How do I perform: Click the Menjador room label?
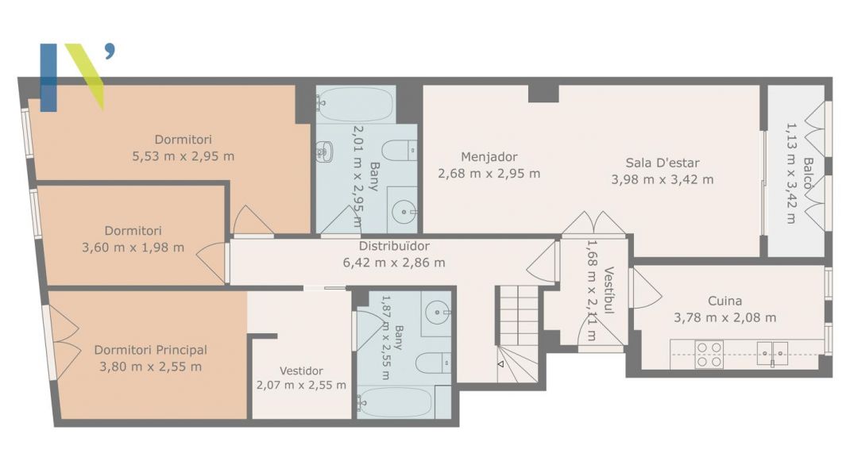(x=489, y=157)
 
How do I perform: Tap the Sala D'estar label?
(x=663, y=163)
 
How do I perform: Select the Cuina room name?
(x=724, y=301)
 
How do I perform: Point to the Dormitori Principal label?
(x=151, y=350)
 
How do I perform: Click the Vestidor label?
(x=301, y=371)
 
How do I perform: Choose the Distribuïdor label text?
(x=394, y=247)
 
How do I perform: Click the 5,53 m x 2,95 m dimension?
(x=184, y=156)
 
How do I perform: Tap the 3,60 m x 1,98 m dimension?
(x=133, y=248)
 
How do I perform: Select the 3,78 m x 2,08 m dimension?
(x=724, y=318)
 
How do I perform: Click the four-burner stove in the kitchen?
(x=709, y=355)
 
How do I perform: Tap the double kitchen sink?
(x=772, y=354)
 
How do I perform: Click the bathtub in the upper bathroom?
(x=356, y=105)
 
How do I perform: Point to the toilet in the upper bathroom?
(x=400, y=150)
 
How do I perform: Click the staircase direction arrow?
(x=500, y=364)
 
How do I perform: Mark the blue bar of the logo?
(x=48, y=78)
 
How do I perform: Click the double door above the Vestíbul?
(x=593, y=224)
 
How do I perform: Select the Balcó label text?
(x=808, y=173)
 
